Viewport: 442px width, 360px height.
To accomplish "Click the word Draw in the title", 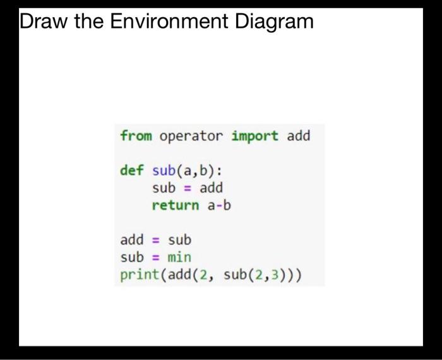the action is pyautogui.click(x=44, y=22).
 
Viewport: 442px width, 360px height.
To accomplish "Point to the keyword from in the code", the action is pyautogui.click(x=136, y=136).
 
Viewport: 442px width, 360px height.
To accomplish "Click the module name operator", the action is pyautogui.click(x=191, y=136).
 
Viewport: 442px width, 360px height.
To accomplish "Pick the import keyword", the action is pyautogui.click(x=254, y=136).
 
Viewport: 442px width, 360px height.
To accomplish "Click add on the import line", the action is pyautogui.click(x=299, y=136).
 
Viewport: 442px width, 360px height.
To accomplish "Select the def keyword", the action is pyautogui.click(x=132, y=171).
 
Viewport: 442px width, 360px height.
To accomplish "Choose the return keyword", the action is pyautogui.click(x=176, y=205).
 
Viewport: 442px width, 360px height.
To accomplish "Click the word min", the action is pyautogui.click(x=179, y=258).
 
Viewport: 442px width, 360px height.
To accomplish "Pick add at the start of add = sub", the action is pyautogui.click(x=132, y=240).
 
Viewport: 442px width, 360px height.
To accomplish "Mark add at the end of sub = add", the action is pyautogui.click(x=212, y=188).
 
